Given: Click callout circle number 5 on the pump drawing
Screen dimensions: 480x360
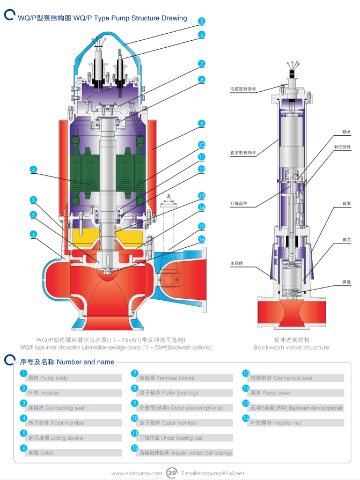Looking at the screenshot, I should click(x=201, y=21).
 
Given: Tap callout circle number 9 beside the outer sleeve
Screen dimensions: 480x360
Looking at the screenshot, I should click(x=201, y=123).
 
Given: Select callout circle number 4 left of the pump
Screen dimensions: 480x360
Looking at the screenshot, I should click(x=33, y=169).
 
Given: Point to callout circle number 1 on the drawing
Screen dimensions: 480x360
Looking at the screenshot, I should click(x=33, y=234).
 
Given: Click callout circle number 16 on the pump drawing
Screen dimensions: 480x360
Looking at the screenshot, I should click(x=201, y=239).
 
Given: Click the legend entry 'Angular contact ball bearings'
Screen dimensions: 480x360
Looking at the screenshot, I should click(x=186, y=453).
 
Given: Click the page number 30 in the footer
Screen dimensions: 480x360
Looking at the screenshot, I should click(x=172, y=473).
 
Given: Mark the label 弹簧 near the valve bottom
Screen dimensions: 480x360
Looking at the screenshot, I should click(x=347, y=281).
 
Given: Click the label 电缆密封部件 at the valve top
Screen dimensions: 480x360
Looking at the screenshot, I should click(x=243, y=88).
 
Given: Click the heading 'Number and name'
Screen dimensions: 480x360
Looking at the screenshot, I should click(x=85, y=362).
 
